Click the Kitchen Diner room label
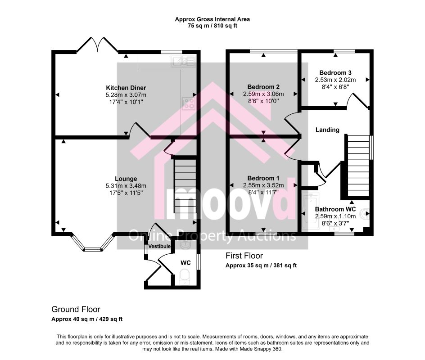(126, 88)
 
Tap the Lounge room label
(126, 179)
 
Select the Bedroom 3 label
(335, 72)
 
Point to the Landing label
(327, 130)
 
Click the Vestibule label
(160, 246)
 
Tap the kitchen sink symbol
(183, 61)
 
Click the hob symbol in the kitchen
(189, 103)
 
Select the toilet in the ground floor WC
(185, 276)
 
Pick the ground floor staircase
(185, 186)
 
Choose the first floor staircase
(358, 166)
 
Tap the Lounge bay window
(92, 243)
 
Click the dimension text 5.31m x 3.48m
(126, 186)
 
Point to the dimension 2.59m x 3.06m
(263, 94)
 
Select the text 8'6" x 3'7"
(335, 224)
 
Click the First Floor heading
(244, 256)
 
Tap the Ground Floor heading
(76, 309)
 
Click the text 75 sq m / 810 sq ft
(212, 26)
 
